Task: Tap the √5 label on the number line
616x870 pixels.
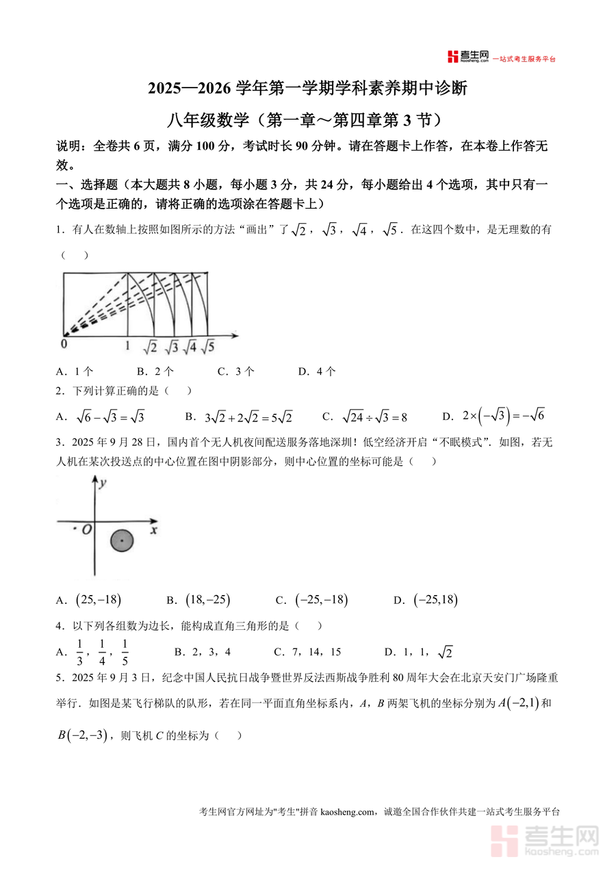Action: pos(208,347)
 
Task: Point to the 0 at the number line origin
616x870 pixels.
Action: pos(64,345)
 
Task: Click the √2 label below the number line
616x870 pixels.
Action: pos(150,347)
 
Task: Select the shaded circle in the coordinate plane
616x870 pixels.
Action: pos(122,541)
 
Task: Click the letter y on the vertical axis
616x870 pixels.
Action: pos(102,483)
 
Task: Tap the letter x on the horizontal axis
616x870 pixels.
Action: pos(154,529)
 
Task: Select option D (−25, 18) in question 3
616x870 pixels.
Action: pos(435,601)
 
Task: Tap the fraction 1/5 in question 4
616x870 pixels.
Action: pos(125,652)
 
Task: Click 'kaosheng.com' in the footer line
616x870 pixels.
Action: pos(348,813)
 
